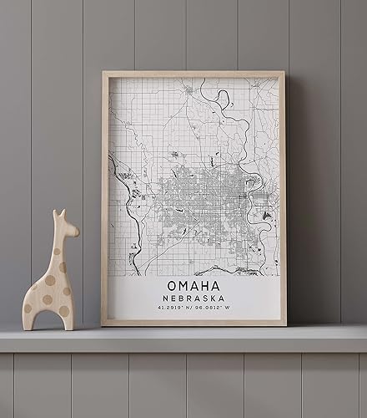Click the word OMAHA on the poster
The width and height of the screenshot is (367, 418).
194,286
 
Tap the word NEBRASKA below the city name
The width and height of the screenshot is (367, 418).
194,300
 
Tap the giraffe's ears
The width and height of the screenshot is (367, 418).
57,215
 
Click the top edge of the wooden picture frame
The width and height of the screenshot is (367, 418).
194,74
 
